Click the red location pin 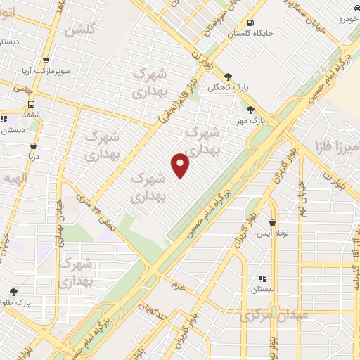click(x=181, y=165)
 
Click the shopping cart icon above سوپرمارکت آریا click(x=46, y=61)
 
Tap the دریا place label click(x=32, y=156)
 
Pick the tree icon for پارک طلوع click(x=13, y=292)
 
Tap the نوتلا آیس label click(x=269, y=232)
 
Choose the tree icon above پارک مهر click(x=251, y=109)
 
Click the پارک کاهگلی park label click(x=229, y=88)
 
